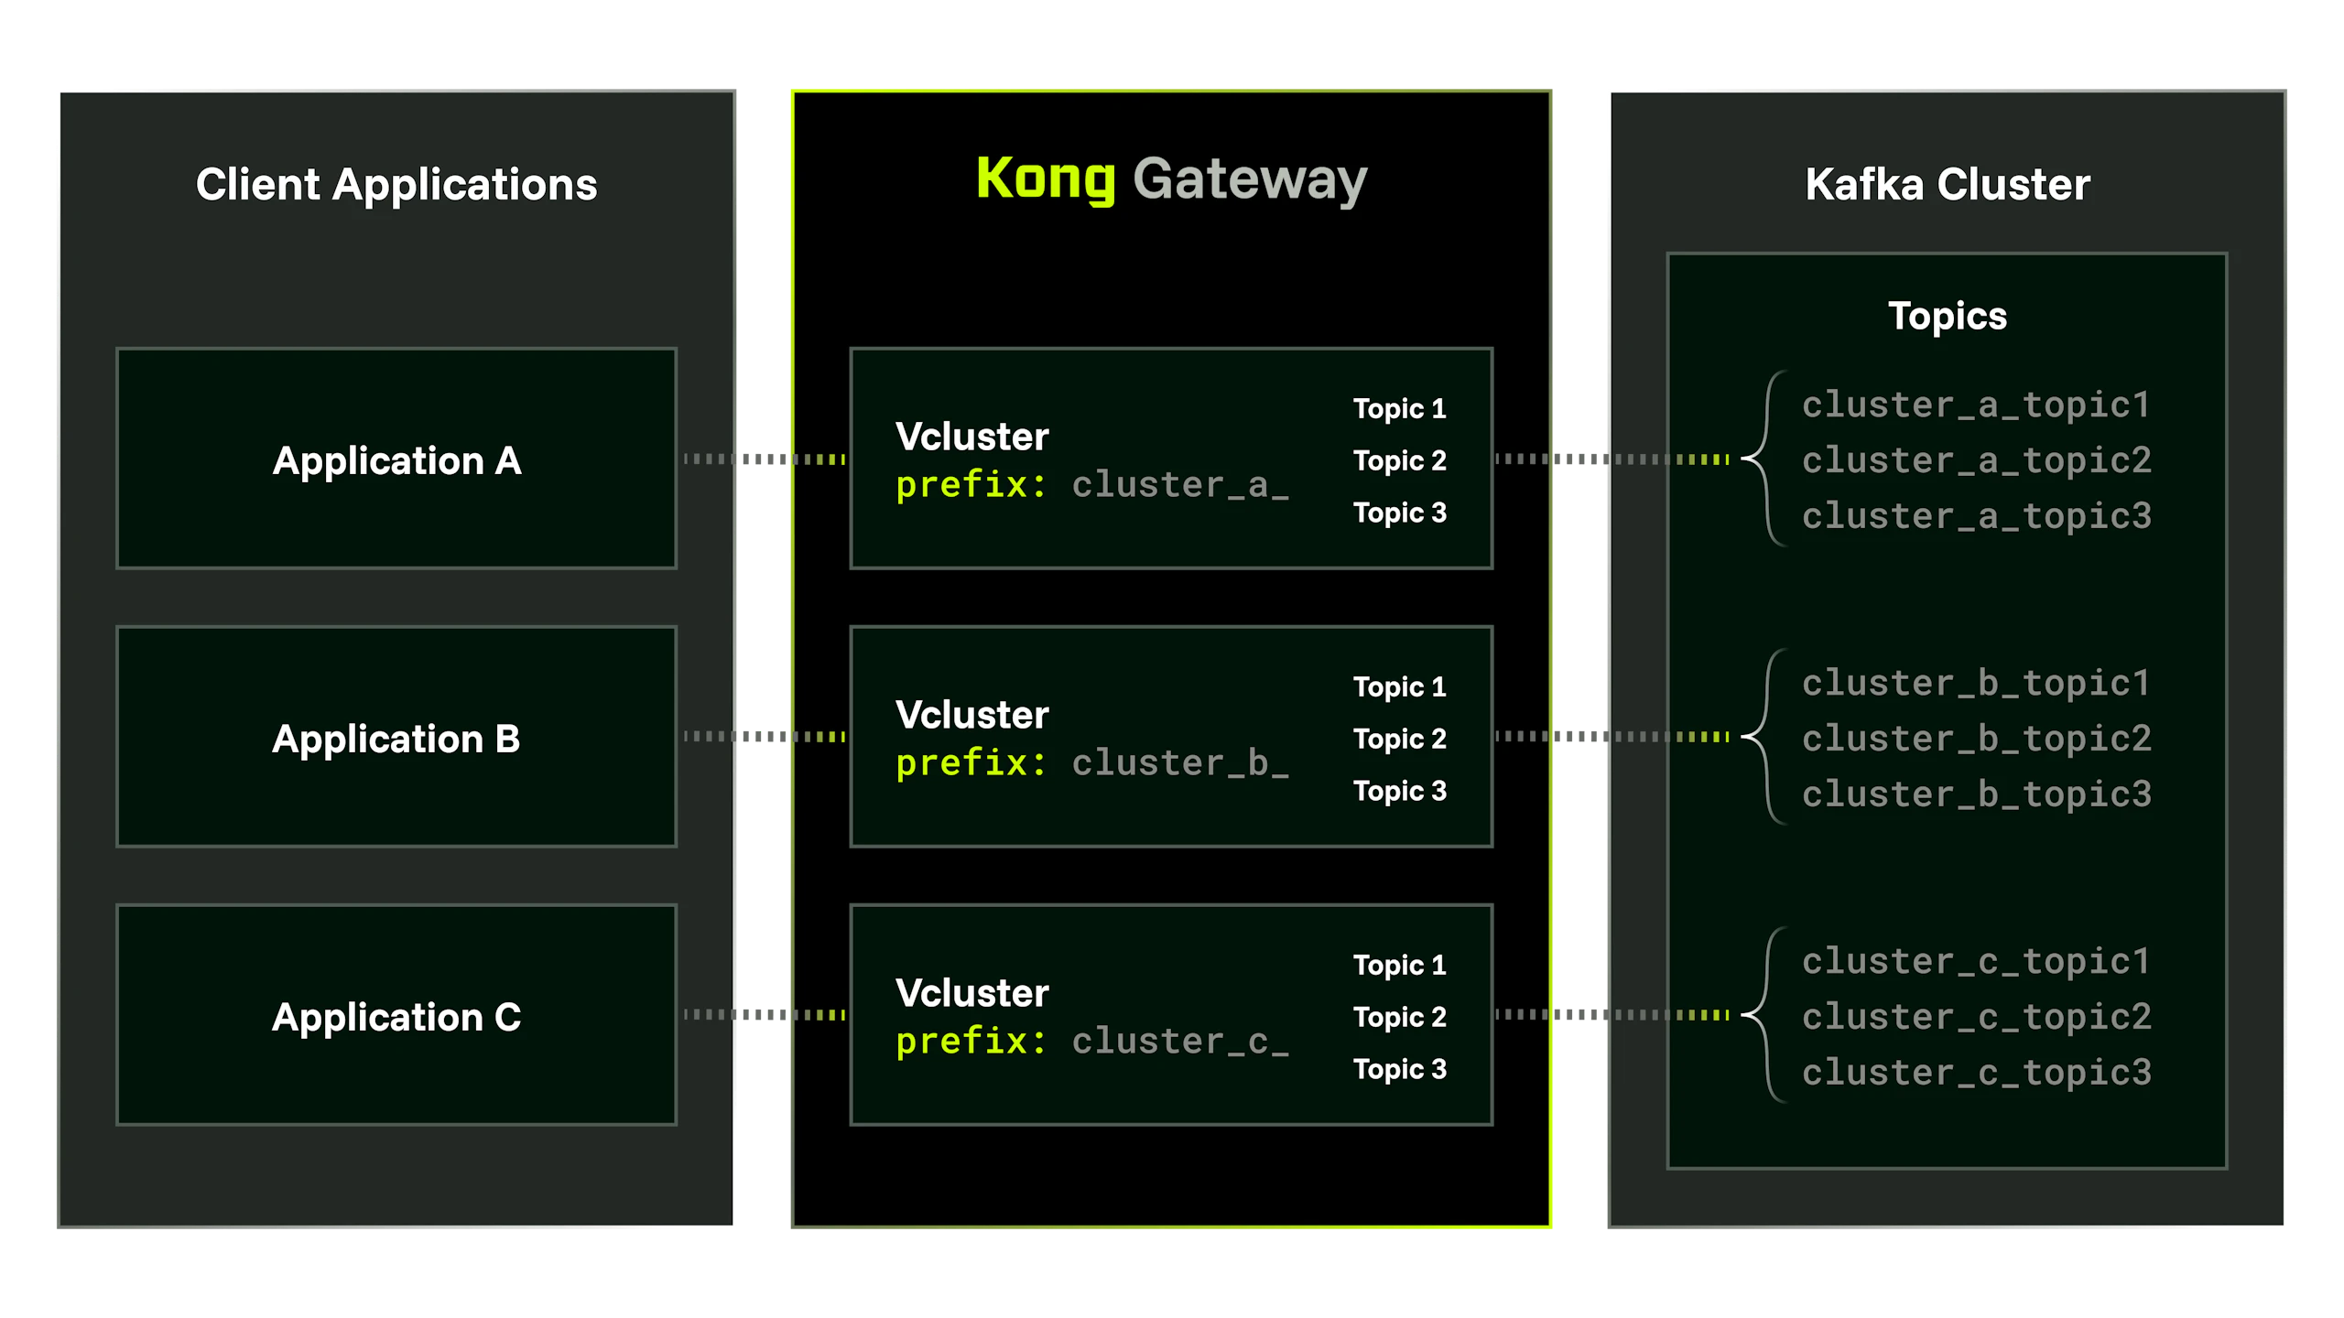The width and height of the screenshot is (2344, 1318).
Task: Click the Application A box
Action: click(x=396, y=459)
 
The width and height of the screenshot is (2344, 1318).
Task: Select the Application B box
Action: click(x=396, y=737)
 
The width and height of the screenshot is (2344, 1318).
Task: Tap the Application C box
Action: click(x=396, y=1015)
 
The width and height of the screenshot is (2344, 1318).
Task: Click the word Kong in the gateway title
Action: click(x=1046, y=179)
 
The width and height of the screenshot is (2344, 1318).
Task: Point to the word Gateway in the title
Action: click(x=1250, y=179)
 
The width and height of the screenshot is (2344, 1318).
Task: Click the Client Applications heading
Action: click(x=396, y=185)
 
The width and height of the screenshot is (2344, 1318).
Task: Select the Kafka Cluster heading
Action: click(x=1948, y=185)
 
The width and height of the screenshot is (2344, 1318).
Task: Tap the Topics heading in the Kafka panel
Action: click(x=1948, y=317)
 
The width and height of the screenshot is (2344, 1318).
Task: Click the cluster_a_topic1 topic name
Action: click(x=1976, y=405)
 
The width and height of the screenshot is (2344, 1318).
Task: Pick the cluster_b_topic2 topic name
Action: click(x=1977, y=739)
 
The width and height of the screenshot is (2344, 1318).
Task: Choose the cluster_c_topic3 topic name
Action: click(x=1977, y=1073)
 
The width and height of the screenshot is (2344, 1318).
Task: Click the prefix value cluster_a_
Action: click(x=1180, y=485)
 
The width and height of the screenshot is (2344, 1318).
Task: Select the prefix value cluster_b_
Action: click(x=1180, y=763)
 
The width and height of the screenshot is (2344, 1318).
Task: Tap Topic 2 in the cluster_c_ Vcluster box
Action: click(x=1400, y=1017)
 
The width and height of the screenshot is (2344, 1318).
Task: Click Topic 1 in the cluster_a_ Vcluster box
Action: click(x=1400, y=408)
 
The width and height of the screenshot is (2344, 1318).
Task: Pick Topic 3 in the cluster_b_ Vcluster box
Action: click(x=1400, y=791)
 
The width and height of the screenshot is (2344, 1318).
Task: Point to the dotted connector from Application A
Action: click(x=765, y=459)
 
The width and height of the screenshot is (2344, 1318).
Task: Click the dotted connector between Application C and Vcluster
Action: click(x=765, y=1014)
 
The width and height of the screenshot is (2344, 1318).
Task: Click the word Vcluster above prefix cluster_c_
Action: click(x=972, y=993)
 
